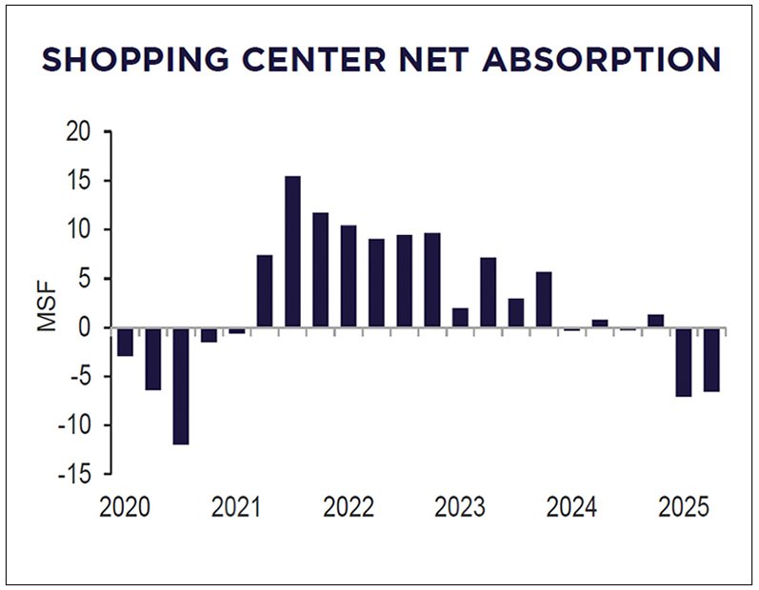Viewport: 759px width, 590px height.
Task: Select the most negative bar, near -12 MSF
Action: tap(181, 386)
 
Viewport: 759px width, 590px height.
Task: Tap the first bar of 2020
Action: tap(125, 342)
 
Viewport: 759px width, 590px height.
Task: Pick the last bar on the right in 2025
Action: tap(710, 360)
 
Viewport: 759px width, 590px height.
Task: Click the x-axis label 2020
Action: tap(125, 506)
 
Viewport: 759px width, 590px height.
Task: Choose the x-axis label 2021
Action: tap(236, 506)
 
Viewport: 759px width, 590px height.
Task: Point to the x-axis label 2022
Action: tap(348, 506)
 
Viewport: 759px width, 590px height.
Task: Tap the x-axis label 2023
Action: tap(460, 506)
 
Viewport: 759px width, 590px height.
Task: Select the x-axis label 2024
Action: tap(571, 506)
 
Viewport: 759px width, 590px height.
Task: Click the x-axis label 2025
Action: tap(683, 506)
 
